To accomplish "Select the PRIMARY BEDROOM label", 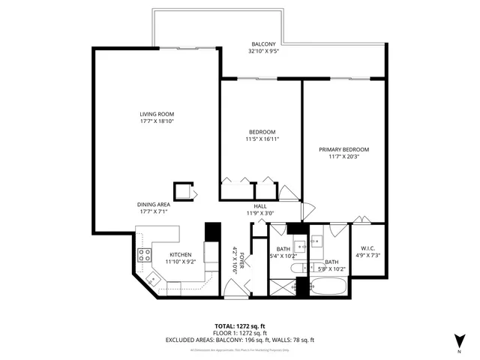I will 343,149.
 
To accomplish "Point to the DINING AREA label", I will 153,205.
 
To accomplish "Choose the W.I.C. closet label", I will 367,249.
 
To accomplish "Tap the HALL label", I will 260,206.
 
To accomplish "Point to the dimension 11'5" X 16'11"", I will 262,139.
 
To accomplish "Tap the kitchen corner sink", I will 153,279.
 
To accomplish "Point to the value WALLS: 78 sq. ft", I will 295,340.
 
